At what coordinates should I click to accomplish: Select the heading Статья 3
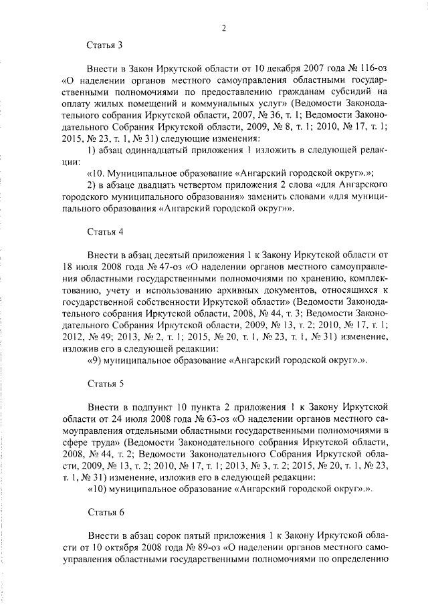pyautogui.click(x=105, y=45)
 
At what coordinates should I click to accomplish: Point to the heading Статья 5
pyautogui.click(x=105, y=385)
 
